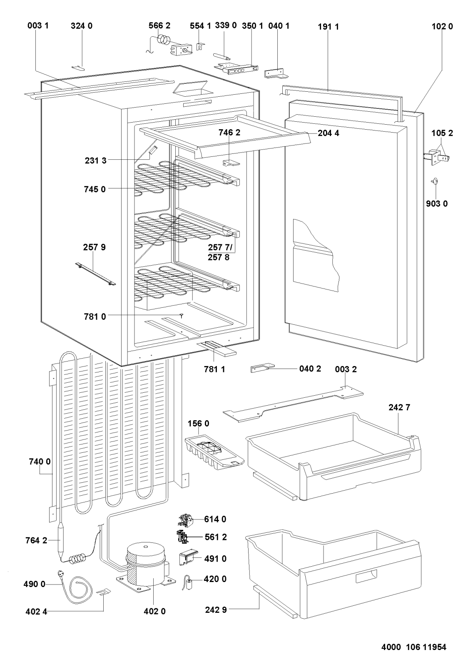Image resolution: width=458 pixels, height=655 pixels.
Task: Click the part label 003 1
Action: [x=38, y=26]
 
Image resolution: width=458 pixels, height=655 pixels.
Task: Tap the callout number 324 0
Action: [x=82, y=26]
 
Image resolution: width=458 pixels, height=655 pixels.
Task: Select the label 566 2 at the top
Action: [x=159, y=26]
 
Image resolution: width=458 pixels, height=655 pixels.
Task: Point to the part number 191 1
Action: [x=328, y=27]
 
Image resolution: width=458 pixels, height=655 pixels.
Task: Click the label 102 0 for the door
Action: [x=442, y=27]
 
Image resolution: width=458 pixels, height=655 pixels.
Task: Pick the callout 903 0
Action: [x=437, y=204]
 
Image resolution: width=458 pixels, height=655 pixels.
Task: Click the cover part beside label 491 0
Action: [x=187, y=557]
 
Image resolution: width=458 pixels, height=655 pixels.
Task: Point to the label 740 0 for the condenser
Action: [x=40, y=462]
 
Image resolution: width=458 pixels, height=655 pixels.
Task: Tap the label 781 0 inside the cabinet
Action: [x=95, y=316]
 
